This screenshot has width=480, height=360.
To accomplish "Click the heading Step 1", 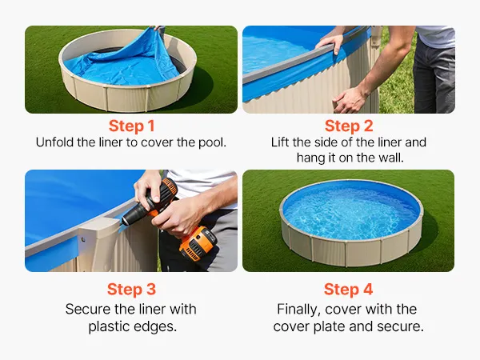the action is coord(131,126).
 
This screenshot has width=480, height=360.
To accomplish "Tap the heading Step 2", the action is coord(349,126).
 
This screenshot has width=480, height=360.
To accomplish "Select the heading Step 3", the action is coord(131,289).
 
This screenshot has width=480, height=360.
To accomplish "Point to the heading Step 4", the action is coord(348,289).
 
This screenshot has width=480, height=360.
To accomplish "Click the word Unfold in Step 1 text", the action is coord(54,142).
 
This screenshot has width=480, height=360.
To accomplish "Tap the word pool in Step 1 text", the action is coord(212,143).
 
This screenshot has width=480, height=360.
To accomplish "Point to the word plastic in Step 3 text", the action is coord(110,326).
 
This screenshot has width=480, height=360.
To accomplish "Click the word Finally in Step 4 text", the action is coord(299,310).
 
